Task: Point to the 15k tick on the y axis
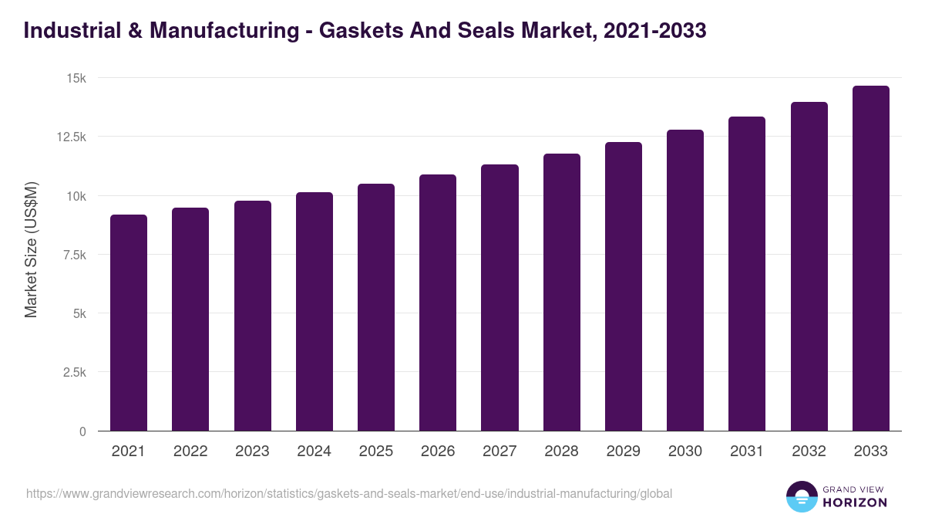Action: (76, 78)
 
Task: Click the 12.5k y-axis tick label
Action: (70, 137)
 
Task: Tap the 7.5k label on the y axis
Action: (73, 255)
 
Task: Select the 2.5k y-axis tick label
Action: (73, 372)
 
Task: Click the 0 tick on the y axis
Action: (82, 431)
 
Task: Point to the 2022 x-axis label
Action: (190, 452)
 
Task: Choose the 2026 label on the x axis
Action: (438, 452)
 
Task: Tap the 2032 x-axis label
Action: (809, 452)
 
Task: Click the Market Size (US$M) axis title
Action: (31, 250)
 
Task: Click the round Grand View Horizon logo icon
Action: (802, 496)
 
